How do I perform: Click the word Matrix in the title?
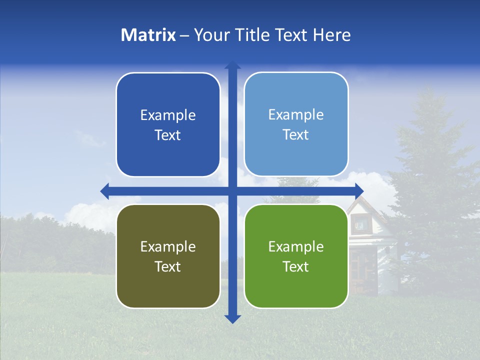[148, 34]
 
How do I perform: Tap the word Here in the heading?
[331, 34]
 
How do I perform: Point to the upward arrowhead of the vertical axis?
[232, 65]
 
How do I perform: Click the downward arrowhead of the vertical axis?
[232, 318]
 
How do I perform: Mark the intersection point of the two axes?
[232, 190]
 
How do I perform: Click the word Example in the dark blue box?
[168, 115]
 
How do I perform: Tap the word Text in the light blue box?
[296, 134]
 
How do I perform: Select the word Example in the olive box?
[168, 246]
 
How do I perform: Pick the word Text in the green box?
[296, 266]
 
